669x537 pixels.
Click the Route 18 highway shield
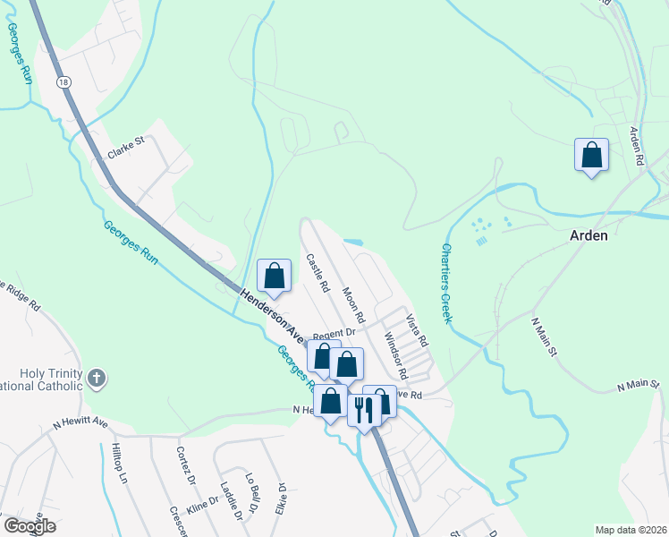pos(63,81)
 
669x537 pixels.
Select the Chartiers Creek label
pos(445,283)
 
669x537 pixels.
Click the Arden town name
pos(589,235)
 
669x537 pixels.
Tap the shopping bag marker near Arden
pos(591,156)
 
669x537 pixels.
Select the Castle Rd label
pos(318,274)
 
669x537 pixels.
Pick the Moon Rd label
pos(354,305)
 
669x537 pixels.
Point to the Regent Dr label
pos(328,333)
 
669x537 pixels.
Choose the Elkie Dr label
pos(282,496)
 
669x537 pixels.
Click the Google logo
pos(30,526)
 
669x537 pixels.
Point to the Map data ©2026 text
pos(630,529)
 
